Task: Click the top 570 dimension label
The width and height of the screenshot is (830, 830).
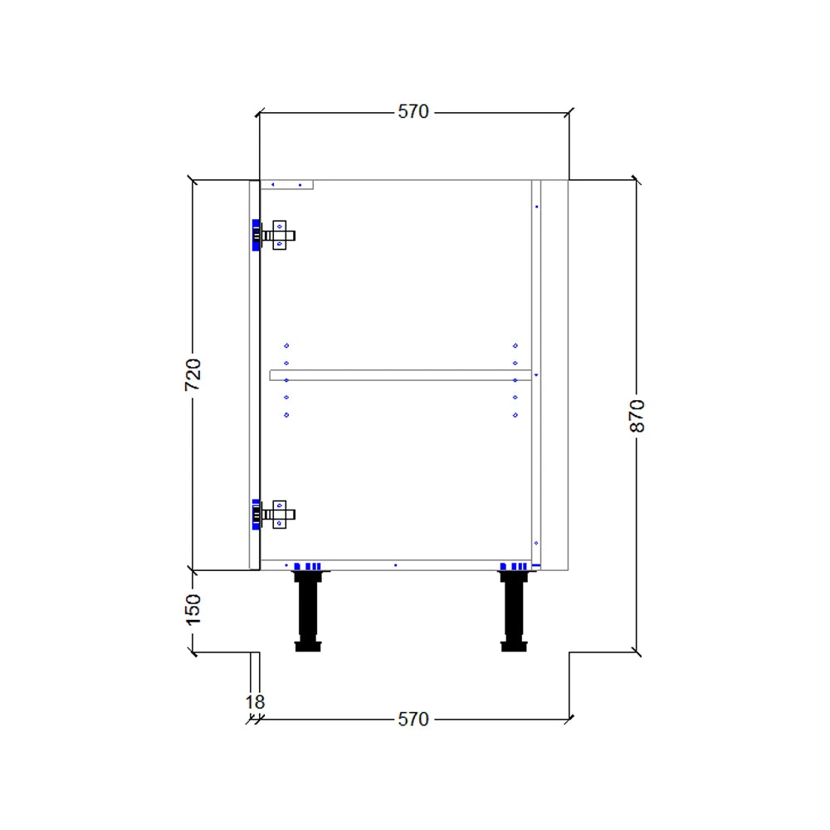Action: (x=413, y=112)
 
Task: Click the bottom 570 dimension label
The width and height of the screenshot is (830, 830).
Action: (x=413, y=719)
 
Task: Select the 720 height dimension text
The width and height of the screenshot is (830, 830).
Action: (x=192, y=375)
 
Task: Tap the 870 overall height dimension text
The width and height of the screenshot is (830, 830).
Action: (x=637, y=416)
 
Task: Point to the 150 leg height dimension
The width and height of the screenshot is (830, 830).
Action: (x=192, y=610)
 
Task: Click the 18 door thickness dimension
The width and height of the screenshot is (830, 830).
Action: (x=255, y=702)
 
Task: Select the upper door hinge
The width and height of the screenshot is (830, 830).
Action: (x=273, y=235)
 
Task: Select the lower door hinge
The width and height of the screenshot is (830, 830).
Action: (x=273, y=515)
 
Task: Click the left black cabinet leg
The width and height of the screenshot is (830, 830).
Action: (x=308, y=610)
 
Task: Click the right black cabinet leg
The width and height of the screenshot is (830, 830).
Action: (x=514, y=610)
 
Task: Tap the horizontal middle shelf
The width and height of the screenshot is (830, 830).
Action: (x=400, y=375)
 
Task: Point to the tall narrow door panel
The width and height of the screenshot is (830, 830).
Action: (x=255, y=375)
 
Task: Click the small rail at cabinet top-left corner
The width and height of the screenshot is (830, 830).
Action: (x=286, y=185)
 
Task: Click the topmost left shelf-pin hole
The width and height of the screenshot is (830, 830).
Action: (x=286, y=345)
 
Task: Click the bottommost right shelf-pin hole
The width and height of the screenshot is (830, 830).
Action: (x=515, y=415)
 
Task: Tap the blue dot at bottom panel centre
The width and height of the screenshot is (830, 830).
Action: (x=395, y=565)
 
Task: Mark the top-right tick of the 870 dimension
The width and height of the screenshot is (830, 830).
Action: (x=637, y=180)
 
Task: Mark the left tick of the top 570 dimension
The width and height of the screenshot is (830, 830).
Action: (x=259, y=113)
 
